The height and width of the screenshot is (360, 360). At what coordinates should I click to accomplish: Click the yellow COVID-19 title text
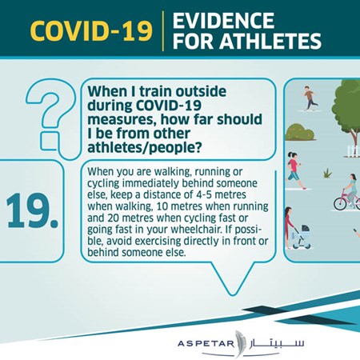(x=91, y=30)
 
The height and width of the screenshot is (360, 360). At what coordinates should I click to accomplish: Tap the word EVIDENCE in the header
(x=223, y=21)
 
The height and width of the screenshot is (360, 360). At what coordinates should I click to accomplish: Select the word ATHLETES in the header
(x=270, y=41)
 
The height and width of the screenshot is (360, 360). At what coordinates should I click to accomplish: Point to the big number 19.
(x=32, y=210)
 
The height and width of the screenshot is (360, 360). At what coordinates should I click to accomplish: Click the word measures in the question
(x=122, y=120)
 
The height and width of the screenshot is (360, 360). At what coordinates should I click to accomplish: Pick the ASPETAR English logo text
(x=206, y=343)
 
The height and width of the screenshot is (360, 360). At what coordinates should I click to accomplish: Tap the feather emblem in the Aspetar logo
(x=238, y=344)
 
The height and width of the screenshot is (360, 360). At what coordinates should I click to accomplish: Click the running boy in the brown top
(x=310, y=98)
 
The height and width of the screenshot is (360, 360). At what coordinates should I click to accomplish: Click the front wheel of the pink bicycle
(x=340, y=203)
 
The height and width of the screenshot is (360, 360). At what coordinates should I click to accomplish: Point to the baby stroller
(x=302, y=237)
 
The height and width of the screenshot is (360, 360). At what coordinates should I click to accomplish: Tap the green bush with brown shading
(x=300, y=132)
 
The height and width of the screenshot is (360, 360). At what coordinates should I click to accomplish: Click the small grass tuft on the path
(x=328, y=174)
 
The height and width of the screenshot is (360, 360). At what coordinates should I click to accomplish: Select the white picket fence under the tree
(x=353, y=150)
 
